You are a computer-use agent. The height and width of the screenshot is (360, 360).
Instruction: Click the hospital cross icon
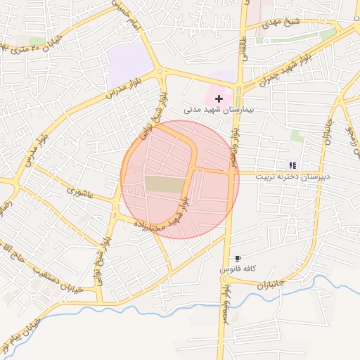coord(219,98)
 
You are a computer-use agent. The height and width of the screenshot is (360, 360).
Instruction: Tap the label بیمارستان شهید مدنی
coord(213,110)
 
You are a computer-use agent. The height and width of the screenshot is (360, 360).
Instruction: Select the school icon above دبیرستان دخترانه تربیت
coord(292,165)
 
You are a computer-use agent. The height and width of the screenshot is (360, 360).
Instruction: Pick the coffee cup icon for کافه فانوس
coord(238,259)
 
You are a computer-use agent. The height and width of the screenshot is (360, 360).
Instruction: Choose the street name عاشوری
coord(79,191)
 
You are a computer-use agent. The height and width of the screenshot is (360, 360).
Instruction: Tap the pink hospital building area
coord(211,91)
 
